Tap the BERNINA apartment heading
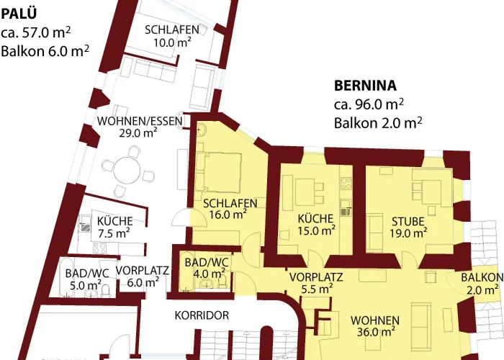point(365,85)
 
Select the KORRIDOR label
point(202,315)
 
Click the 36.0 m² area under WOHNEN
point(375,332)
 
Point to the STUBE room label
point(408,220)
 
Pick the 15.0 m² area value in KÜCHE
point(317,231)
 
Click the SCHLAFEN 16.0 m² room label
point(230,203)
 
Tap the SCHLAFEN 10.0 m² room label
point(171,30)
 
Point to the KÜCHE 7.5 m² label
point(113,221)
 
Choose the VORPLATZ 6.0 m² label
point(142,271)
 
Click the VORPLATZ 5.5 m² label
point(316,277)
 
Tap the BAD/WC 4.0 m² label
point(206,262)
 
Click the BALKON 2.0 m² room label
point(482,278)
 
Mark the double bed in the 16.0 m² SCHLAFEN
point(222,170)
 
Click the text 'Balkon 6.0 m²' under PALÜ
point(45,50)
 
